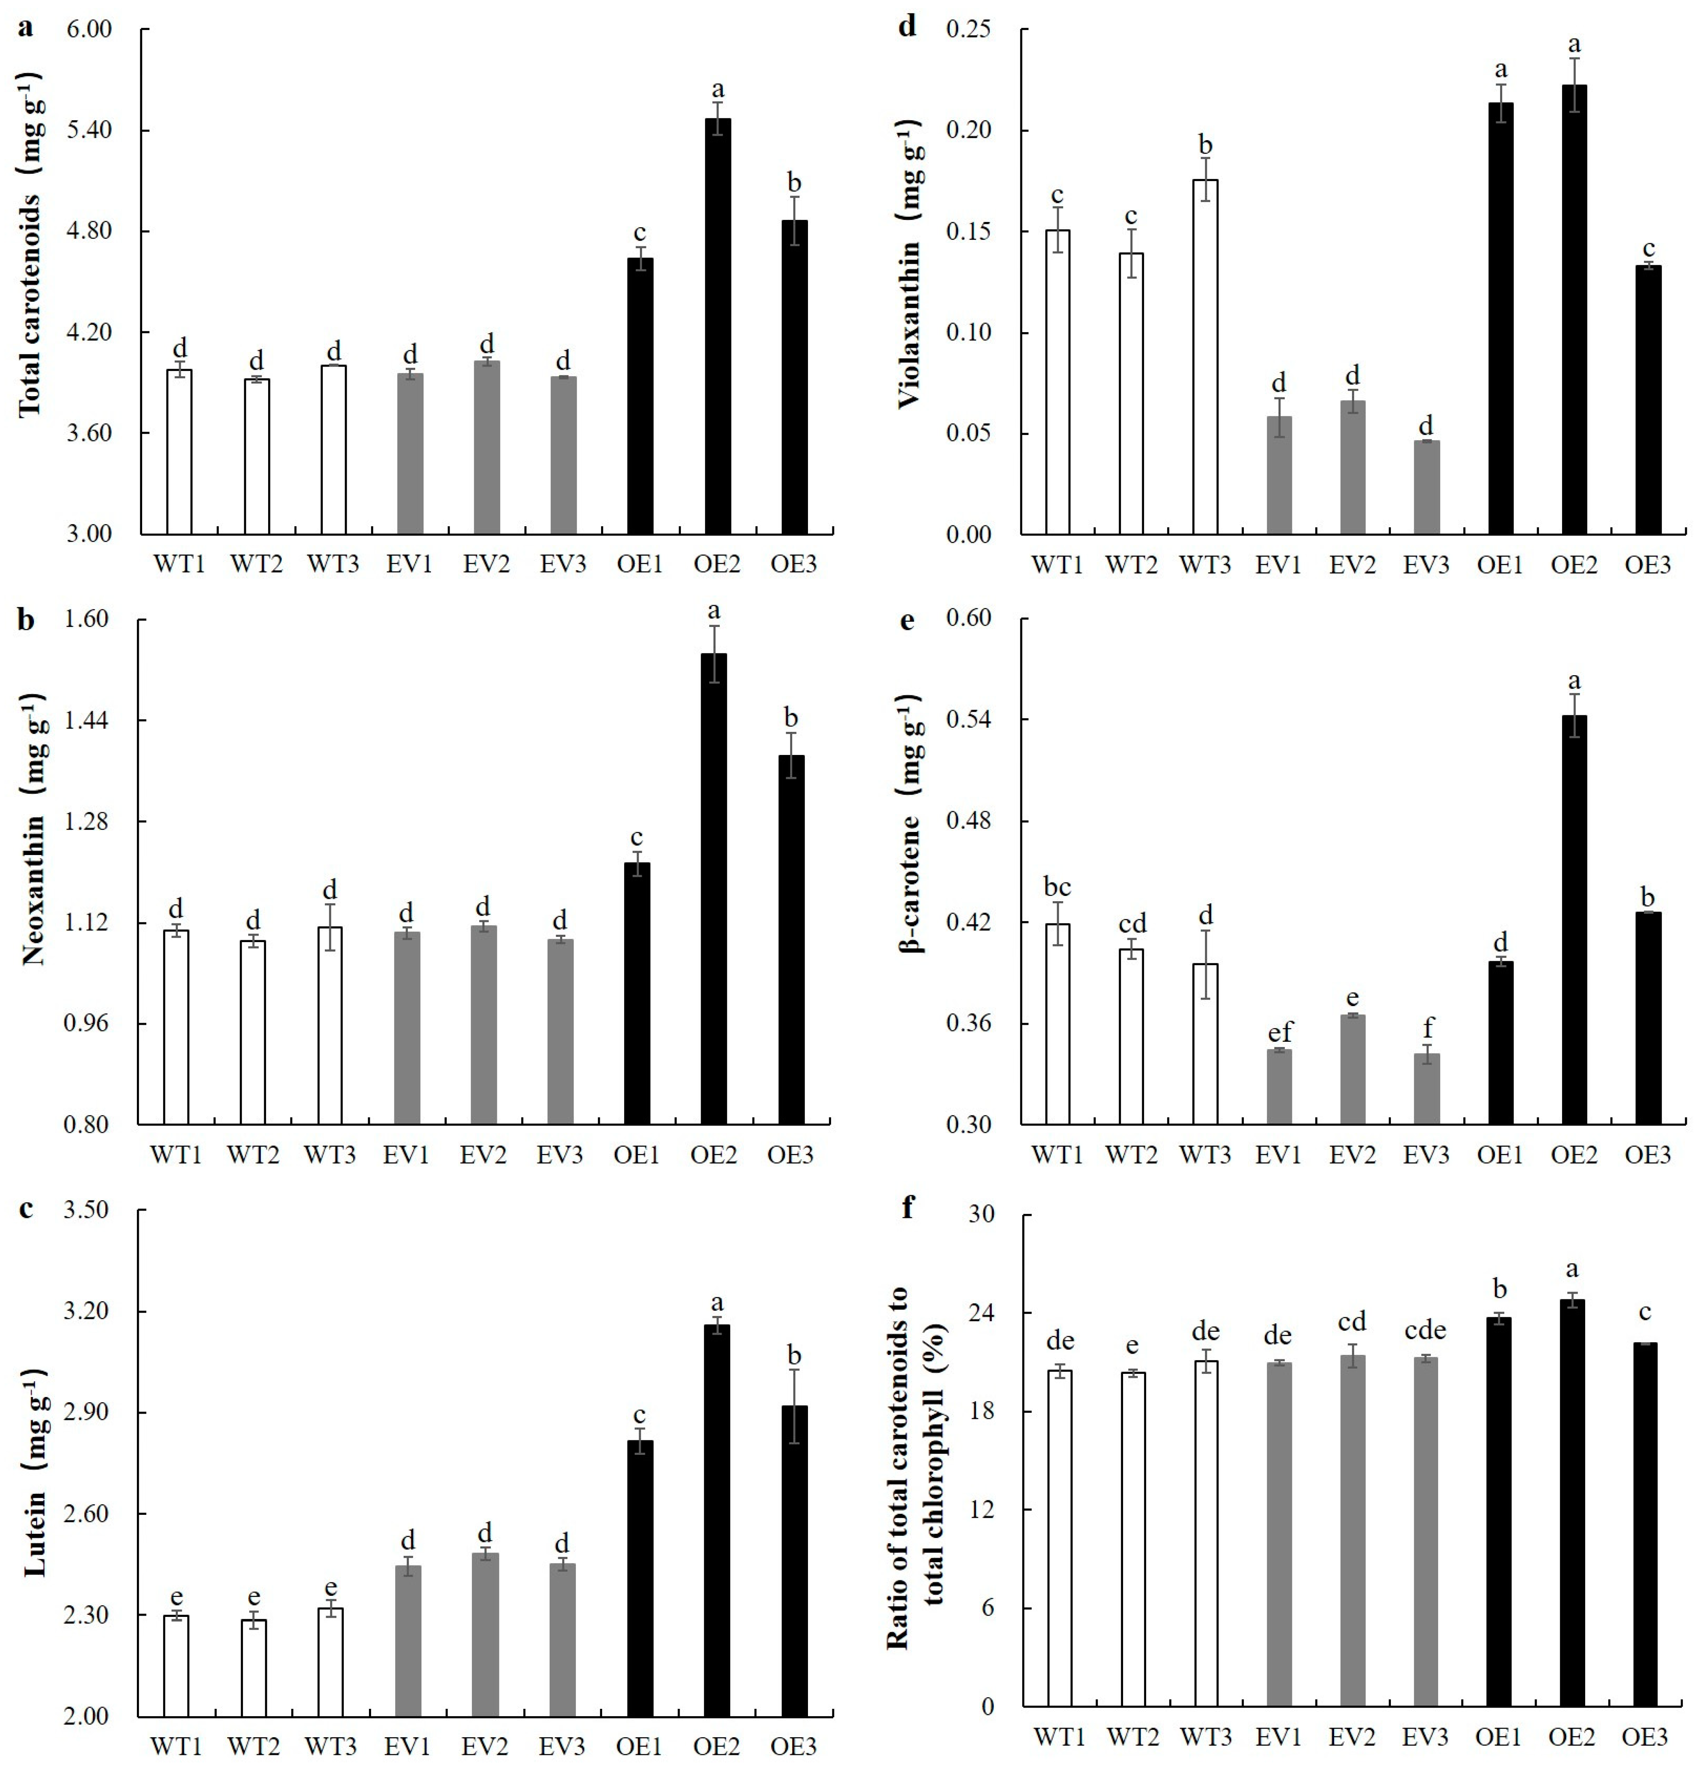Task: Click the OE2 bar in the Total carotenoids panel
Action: [x=718, y=325]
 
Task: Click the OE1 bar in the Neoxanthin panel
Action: [x=637, y=994]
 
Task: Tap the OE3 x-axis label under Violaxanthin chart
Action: [x=1648, y=565]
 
